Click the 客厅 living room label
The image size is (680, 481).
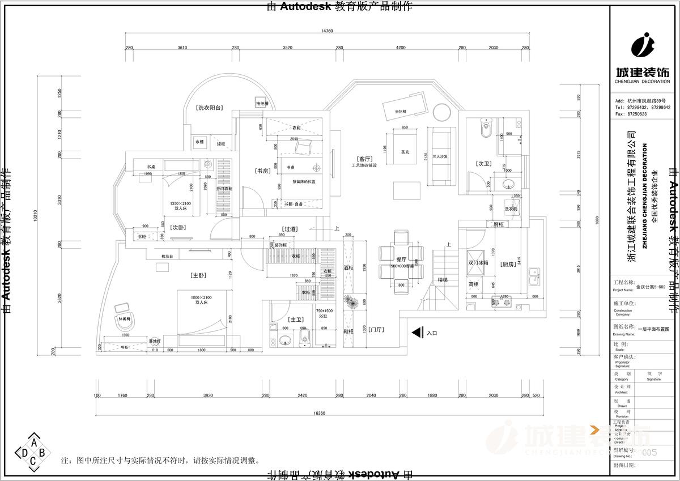(x=364, y=159)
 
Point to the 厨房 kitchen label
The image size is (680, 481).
(x=507, y=264)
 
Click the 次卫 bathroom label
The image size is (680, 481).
(x=483, y=164)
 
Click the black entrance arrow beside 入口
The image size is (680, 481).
(x=416, y=333)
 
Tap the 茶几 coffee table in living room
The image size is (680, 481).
(x=405, y=152)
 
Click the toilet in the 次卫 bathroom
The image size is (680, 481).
(x=485, y=129)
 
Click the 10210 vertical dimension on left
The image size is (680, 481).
(x=35, y=215)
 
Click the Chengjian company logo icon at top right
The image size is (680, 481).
(x=643, y=46)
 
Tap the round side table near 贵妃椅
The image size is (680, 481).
(x=441, y=111)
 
